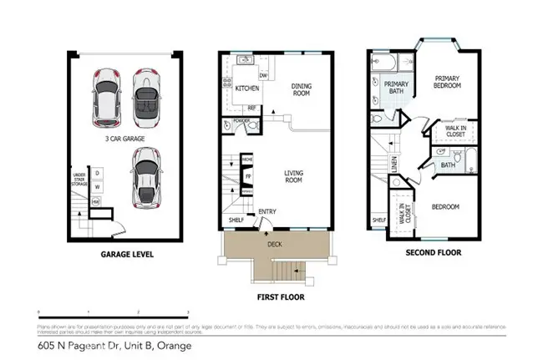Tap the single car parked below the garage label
pyautogui.click(x=147, y=176)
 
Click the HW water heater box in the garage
pyautogui.click(x=96, y=201)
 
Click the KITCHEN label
pyautogui.click(x=246, y=89)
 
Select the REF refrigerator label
pyautogui.click(x=251, y=108)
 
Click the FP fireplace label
pyautogui.click(x=247, y=176)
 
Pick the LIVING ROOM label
pyautogui.click(x=294, y=176)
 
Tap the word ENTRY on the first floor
pyautogui.click(x=267, y=211)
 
